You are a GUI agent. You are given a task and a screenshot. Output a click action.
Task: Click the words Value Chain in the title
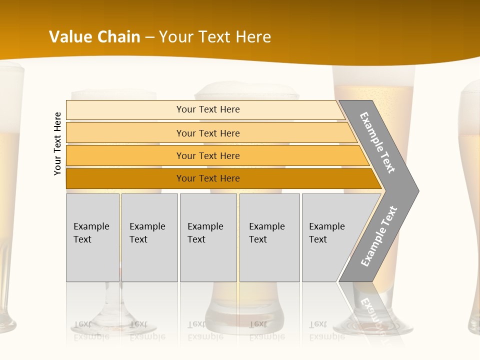tap(94, 37)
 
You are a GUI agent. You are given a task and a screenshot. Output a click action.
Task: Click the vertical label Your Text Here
tap(57, 143)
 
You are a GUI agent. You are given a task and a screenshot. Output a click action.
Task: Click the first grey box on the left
tap(92, 237)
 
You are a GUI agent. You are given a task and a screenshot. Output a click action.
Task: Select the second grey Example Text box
tap(149, 237)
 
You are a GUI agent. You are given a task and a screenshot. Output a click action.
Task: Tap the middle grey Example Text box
tap(208, 237)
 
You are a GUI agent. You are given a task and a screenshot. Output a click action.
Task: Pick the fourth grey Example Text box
tap(269, 237)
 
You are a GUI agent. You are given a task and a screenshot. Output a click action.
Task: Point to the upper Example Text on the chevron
tap(377, 142)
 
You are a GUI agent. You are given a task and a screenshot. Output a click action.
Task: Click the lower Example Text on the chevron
tap(379, 236)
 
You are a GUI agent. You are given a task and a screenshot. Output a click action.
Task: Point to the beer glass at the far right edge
tap(471, 200)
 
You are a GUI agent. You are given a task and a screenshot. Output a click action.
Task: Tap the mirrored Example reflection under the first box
tap(91, 336)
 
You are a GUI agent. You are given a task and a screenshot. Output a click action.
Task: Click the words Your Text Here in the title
tap(215, 37)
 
